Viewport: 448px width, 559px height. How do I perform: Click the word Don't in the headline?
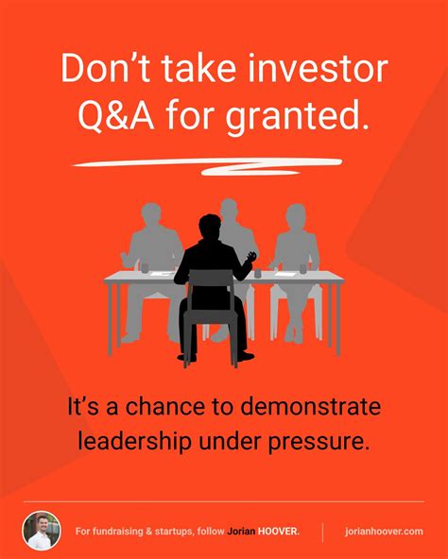click(96, 70)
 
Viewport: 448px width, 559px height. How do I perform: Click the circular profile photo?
click(42, 531)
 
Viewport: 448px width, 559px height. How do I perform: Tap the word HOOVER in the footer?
click(279, 532)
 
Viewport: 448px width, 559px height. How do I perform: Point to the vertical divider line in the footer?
click(324, 531)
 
